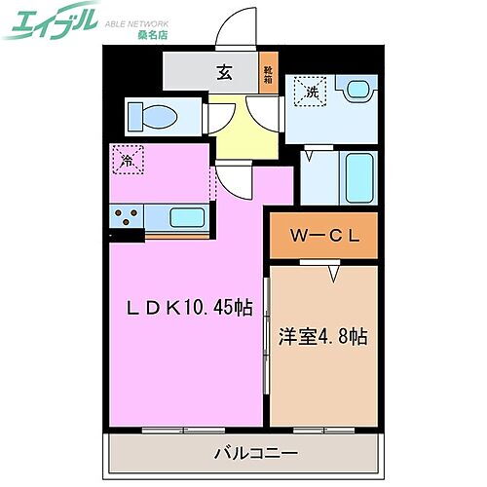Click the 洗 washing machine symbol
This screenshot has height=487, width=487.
click(x=312, y=92)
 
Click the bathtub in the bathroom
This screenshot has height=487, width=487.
click(x=359, y=176)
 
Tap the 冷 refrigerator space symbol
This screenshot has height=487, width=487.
click(x=128, y=161)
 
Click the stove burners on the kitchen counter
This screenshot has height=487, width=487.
click(x=127, y=216)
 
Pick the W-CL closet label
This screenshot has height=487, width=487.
click(x=321, y=235)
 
